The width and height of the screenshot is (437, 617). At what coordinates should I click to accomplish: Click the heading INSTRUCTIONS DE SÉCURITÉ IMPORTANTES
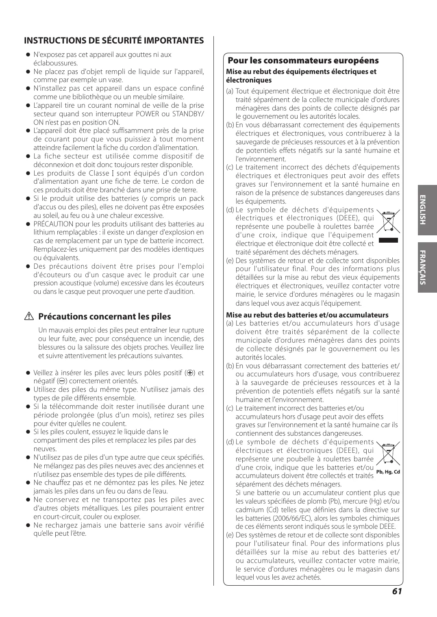114,41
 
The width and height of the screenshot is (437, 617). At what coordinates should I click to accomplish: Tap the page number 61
397,591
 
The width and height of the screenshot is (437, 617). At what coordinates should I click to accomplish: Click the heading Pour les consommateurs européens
303,61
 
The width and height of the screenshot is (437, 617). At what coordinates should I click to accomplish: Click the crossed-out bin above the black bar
388,222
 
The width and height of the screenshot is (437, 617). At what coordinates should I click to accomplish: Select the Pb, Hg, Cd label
388,472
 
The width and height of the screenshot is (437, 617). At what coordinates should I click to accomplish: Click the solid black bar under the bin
388,240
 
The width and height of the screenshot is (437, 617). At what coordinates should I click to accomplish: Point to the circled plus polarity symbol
188,373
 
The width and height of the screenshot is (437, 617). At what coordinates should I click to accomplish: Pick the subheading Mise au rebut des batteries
307,315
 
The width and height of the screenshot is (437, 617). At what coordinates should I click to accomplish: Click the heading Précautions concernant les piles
104,317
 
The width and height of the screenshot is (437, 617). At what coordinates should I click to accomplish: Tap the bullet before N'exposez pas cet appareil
28,55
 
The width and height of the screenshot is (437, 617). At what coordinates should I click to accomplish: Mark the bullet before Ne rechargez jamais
28,525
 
